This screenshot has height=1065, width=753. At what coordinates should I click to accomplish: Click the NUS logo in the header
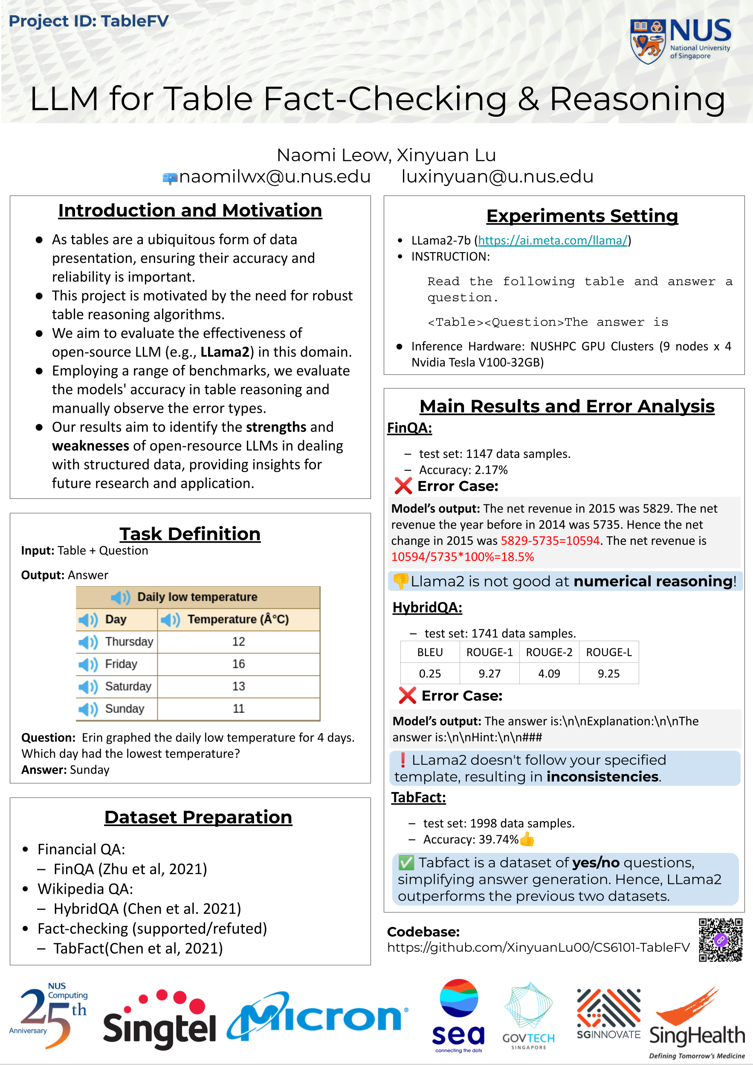point(680,40)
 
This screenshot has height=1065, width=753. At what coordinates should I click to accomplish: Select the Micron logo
point(318,1017)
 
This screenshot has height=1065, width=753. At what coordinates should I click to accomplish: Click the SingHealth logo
point(696,1025)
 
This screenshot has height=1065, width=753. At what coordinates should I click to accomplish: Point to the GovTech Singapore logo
point(528,1016)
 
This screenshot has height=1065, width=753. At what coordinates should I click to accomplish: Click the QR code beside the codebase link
point(720,940)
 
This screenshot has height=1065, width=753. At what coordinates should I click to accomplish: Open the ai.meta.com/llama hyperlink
point(553,240)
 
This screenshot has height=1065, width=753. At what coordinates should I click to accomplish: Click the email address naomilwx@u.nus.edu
point(275,177)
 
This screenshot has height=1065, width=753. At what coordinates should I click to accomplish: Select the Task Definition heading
point(190,534)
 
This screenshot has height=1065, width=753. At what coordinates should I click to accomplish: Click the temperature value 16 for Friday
point(238,664)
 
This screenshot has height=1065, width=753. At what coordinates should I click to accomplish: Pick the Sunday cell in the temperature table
point(125,708)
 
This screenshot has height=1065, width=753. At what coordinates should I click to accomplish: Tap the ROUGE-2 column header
point(549,652)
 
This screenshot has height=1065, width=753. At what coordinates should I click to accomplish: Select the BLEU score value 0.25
point(430,674)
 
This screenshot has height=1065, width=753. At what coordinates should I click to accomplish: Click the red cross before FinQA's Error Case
point(403,486)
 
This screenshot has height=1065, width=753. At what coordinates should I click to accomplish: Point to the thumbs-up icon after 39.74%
point(527,839)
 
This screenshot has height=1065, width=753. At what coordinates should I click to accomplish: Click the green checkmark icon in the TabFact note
point(406,863)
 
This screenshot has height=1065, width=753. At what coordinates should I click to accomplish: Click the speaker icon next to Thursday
point(88,642)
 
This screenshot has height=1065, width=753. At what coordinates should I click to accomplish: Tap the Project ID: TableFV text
point(89,21)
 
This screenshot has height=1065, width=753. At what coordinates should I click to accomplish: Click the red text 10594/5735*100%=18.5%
point(462,557)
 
